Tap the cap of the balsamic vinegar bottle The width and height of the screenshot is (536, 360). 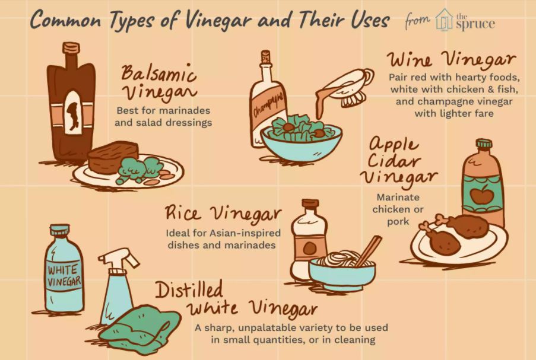point(71,47)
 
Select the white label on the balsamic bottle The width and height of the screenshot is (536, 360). point(73,113)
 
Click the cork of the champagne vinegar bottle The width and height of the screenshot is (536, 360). point(265,57)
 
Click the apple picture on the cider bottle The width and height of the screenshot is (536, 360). point(482,195)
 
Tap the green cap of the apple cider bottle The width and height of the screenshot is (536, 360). point(484,144)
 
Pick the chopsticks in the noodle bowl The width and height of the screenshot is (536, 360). point(369,250)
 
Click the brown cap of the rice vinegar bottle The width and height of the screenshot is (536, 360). point(310,203)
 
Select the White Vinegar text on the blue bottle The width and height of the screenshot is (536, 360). point(64,276)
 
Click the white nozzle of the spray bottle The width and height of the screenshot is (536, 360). point(119,259)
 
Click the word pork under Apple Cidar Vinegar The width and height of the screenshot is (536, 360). point(398,222)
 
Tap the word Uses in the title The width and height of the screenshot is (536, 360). point(371,19)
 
